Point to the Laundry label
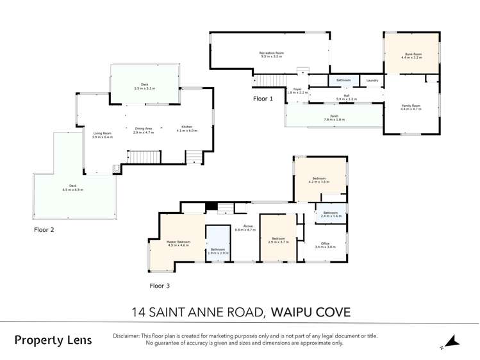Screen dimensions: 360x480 [372, 81]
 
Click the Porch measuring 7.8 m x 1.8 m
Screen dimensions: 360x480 [334, 117]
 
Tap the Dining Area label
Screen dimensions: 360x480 [143, 130]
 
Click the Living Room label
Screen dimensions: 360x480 [102, 135]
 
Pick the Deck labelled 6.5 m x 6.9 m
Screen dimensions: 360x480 [72, 188]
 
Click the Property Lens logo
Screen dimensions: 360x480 [53, 340]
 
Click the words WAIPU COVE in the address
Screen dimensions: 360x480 [311, 313]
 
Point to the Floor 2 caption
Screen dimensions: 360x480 [46, 228]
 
